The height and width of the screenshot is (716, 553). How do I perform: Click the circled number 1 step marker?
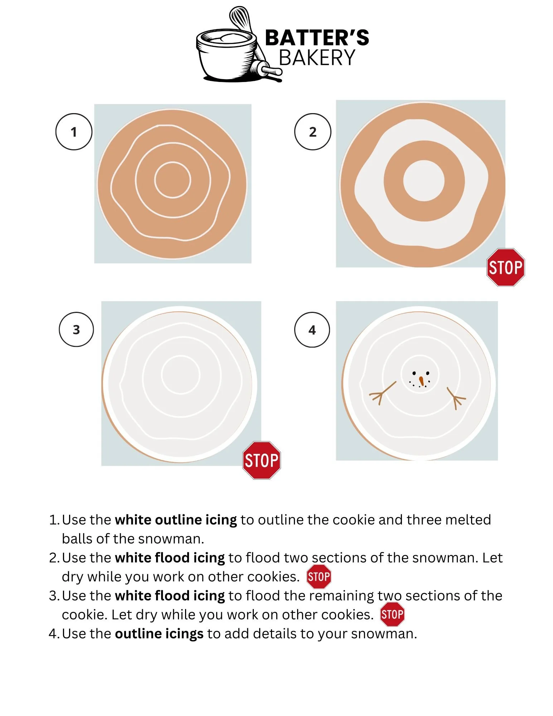(x=74, y=132)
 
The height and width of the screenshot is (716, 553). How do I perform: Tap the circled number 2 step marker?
(x=312, y=132)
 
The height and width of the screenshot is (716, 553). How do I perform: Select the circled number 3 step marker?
(x=76, y=329)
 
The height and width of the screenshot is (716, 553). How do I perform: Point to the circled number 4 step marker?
(x=312, y=330)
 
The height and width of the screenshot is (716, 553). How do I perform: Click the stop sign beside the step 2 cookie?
(x=506, y=267)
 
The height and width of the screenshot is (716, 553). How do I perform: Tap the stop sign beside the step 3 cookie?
(x=262, y=460)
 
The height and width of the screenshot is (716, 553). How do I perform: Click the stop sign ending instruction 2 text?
(x=319, y=577)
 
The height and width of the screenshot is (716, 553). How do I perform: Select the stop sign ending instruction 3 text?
(x=392, y=614)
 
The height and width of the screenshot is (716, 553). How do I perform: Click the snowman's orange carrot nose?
(x=422, y=381)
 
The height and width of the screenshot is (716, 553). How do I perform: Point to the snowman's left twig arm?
(x=382, y=393)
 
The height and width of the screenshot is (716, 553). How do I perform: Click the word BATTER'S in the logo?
(x=317, y=38)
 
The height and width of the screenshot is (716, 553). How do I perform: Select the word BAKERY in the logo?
(x=317, y=58)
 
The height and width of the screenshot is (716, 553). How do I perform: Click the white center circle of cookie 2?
(x=424, y=180)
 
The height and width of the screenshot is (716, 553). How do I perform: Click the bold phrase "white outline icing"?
(x=176, y=520)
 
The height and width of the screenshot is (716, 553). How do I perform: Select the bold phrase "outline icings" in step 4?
(x=159, y=634)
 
